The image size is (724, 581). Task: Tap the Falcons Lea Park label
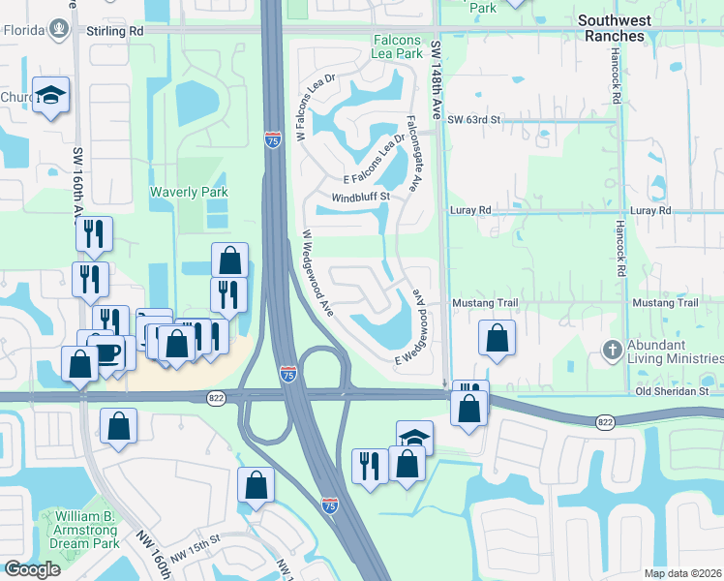pos(397,46)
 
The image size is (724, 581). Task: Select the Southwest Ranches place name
pos(624,27)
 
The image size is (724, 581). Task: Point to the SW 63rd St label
pos(473,119)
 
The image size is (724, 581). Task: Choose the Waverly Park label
pos(189,192)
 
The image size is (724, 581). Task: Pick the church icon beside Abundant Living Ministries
pos(612,349)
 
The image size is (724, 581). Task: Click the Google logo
pos(32,569)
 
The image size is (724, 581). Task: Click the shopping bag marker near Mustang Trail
pos(497,339)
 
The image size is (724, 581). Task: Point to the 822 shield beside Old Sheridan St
pos(605,421)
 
